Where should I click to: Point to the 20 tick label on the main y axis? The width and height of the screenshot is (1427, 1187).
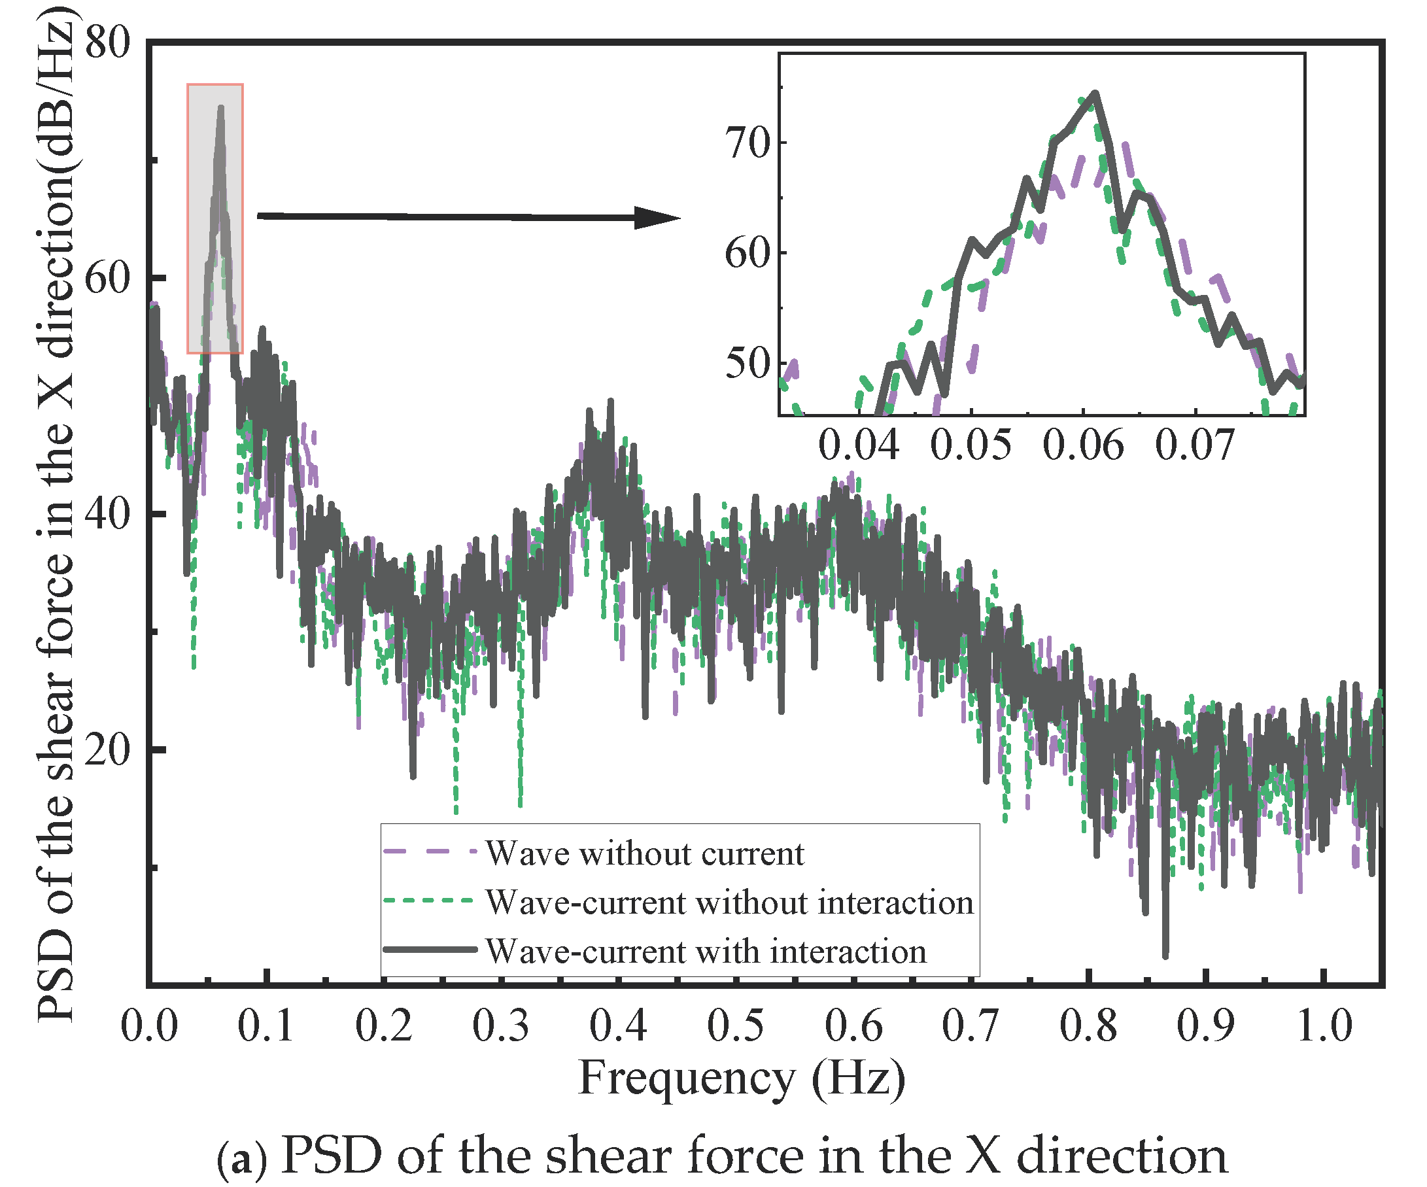coord(107,751)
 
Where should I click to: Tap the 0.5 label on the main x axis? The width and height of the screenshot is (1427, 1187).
coord(735,1025)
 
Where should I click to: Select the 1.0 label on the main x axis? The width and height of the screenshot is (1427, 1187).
coord(1324,1025)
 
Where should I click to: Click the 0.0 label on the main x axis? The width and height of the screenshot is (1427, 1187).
coord(149,1025)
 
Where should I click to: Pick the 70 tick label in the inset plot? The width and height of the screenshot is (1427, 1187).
coord(747,143)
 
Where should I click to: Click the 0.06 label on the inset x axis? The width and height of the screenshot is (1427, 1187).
coord(1083,446)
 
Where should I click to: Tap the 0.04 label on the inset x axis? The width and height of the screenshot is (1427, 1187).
coord(858,446)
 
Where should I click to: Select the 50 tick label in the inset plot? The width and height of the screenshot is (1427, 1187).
coord(747,364)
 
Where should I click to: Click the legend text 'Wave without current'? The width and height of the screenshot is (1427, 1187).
coord(644,853)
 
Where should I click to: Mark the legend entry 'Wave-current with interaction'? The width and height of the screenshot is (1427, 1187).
coord(706,951)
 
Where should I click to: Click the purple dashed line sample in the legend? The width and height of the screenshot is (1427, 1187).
coord(430,852)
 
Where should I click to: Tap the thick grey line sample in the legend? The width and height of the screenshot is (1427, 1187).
coord(430,949)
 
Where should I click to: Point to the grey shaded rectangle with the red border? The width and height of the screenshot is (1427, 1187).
coord(215,217)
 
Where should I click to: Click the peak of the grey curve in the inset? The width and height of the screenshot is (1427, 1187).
coord(1095,93)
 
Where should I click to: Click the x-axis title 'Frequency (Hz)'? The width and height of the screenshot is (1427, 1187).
coord(742,1079)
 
